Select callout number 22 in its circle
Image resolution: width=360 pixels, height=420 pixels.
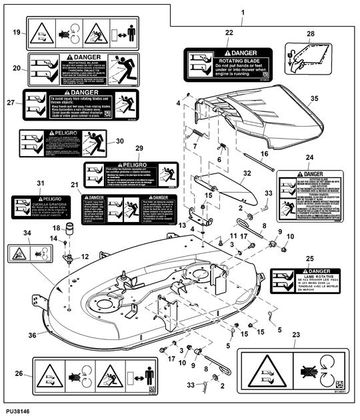[x=229, y=33]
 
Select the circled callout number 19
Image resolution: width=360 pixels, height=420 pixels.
[x=15, y=32]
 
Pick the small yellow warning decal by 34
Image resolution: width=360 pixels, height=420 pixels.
[x=28, y=253]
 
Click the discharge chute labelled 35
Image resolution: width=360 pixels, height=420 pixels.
[x=267, y=117]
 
